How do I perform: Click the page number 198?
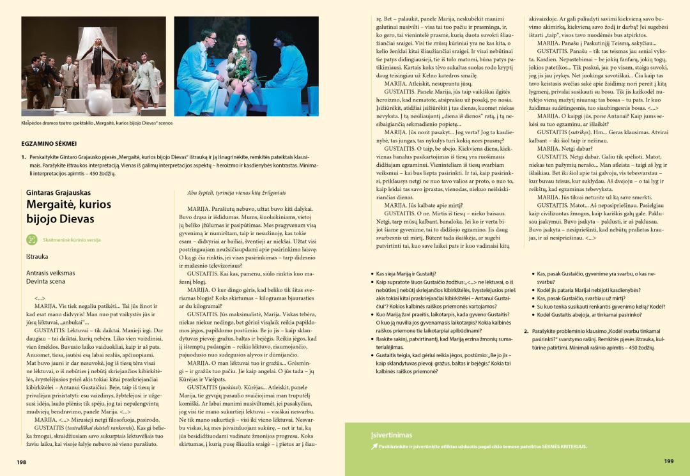(21, 461)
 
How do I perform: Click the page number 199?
(669, 461)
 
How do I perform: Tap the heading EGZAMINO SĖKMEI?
(49, 144)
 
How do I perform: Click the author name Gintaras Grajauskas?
(58, 192)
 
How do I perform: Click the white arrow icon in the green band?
(374, 447)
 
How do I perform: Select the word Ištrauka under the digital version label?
(37, 256)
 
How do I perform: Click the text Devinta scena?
(45, 281)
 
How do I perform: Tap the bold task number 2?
(526, 332)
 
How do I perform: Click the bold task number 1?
(24, 157)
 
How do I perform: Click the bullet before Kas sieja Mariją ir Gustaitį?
(372, 273)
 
